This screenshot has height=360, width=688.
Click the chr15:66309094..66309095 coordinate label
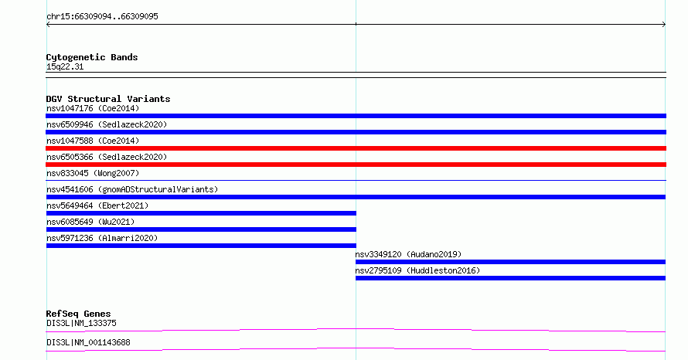102,17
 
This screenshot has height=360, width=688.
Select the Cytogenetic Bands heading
92,57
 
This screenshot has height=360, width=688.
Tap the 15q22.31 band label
65,67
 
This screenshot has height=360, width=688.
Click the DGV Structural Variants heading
108,99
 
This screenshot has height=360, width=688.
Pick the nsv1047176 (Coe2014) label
93,108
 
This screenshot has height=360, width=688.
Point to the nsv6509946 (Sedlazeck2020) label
107,124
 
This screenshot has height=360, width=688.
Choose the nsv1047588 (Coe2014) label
93,141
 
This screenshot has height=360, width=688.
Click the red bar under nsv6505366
356,165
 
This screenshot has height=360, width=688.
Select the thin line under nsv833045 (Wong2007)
356,180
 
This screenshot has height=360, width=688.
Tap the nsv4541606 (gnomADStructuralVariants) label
132,189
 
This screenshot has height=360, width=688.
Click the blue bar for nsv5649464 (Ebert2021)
201,213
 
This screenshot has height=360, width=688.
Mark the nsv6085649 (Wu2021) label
90,222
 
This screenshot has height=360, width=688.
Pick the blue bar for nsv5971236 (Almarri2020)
201,246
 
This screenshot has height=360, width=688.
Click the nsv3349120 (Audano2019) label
408,254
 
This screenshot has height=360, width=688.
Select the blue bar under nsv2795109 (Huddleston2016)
510,278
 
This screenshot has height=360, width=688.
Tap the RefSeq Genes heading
78,314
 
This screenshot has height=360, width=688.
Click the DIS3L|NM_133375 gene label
81,323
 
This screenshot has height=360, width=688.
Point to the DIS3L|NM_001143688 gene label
88,342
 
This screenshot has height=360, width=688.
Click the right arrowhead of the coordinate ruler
664,25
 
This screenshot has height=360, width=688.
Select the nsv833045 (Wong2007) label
93,173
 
